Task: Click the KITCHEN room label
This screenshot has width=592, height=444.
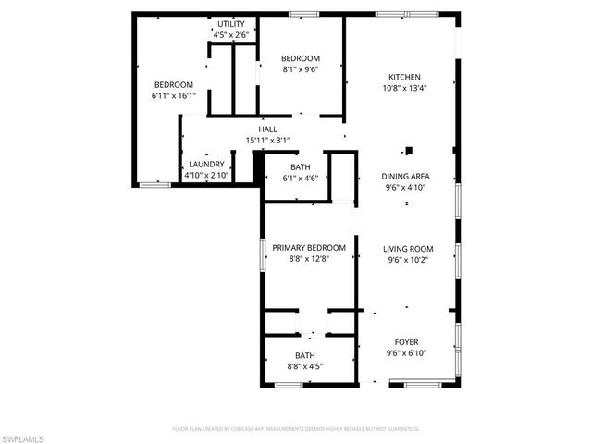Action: (x=405, y=77)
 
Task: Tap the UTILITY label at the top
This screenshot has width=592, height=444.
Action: (x=231, y=24)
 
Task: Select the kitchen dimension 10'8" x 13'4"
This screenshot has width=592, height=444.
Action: (x=405, y=88)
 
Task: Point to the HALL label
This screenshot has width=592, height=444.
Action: (x=268, y=129)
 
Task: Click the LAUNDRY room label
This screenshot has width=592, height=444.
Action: (x=205, y=164)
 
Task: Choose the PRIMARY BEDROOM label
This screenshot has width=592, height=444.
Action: (x=308, y=248)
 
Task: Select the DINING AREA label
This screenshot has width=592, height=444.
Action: (x=406, y=176)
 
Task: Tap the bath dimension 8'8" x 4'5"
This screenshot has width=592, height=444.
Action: (x=304, y=366)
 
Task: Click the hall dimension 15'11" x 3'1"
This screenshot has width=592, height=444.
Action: (x=268, y=141)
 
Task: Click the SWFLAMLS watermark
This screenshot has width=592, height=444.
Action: (x=23, y=435)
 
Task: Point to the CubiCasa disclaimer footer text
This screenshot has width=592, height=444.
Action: (x=296, y=429)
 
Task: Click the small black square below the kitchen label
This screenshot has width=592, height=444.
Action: (x=407, y=149)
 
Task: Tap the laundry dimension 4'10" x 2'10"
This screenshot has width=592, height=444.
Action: (x=205, y=175)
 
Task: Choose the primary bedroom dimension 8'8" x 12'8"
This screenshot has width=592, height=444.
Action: (x=308, y=259)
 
